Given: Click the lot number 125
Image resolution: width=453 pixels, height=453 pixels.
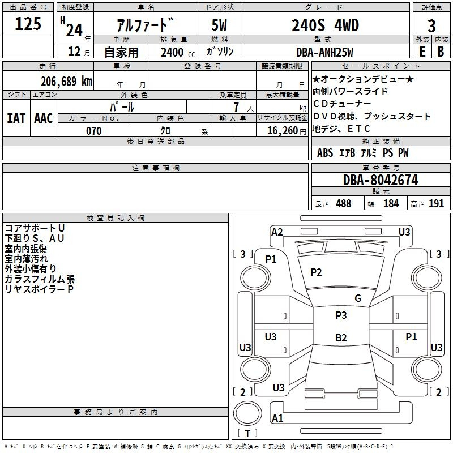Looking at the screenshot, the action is click(28, 24).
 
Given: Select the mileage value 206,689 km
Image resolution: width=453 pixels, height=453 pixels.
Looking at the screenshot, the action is click(66, 82).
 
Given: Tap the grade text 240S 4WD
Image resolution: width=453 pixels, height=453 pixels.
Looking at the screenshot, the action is click(325, 25).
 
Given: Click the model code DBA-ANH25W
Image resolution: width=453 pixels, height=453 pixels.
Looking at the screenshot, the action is click(324, 52).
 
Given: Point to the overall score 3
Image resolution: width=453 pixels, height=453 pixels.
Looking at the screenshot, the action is click(431, 26).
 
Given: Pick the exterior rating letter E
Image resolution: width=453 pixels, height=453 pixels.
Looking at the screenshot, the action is click(422, 52).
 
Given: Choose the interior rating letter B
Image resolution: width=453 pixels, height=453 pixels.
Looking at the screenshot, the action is click(441, 52).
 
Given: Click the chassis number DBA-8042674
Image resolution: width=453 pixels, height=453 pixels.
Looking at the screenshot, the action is click(381, 180).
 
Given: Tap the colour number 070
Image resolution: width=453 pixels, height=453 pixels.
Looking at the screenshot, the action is click(93, 131).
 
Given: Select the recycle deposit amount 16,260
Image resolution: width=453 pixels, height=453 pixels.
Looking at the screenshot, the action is click(283, 131).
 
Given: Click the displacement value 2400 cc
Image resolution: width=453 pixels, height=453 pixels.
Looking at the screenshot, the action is click(178, 52).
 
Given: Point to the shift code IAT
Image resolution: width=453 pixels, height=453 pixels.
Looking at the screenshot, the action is click(16, 118).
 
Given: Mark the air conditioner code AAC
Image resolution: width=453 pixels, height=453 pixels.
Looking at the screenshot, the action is click(44, 118).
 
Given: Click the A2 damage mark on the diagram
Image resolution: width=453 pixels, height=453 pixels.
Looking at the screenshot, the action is click(277, 232).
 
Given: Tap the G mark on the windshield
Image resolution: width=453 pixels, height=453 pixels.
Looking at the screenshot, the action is click(358, 298).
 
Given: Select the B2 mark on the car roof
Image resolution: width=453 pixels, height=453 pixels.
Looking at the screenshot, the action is click(341, 337).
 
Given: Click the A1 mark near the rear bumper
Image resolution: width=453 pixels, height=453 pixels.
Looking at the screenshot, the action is click(277, 418).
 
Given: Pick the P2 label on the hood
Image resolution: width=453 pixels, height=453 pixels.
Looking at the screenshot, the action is click(316, 272).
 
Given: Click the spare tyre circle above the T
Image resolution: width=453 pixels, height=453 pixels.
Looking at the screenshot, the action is click(247, 413).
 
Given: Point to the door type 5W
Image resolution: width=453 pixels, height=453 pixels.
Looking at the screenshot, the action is click(219, 25).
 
